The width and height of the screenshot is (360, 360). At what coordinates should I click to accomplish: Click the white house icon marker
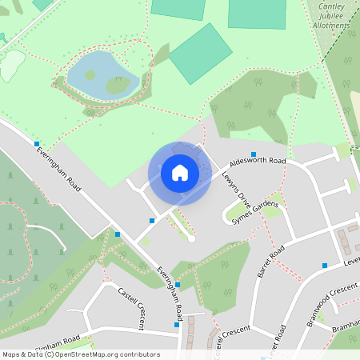click(180, 172)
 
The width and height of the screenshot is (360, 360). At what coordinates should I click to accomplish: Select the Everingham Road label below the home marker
click(170, 290)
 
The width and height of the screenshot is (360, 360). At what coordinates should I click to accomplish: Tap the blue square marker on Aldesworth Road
click(254, 154)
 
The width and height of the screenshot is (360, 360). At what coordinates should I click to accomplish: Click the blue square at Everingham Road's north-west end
click(37, 144)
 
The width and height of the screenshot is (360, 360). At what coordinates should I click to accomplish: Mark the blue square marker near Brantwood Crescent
click(325, 265)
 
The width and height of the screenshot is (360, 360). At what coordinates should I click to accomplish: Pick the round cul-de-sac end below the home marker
click(191, 238)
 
